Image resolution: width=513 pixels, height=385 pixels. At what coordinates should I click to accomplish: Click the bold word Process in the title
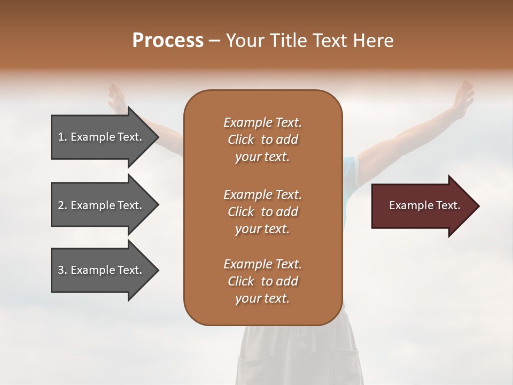(168, 41)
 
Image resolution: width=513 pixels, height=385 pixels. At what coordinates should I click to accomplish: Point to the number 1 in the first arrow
(61, 137)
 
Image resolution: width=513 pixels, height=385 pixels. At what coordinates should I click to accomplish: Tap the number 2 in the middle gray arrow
(61, 205)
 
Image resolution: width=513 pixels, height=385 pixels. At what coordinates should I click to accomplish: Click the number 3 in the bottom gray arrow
(61, 270)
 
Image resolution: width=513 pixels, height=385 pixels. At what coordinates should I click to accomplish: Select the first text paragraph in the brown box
(262, 140)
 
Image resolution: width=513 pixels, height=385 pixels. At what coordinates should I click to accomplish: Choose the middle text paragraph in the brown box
(262, 211)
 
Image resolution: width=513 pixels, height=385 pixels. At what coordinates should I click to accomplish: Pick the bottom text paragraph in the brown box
(262, 281)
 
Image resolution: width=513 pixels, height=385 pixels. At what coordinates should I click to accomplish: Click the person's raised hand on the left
(116, 96)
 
